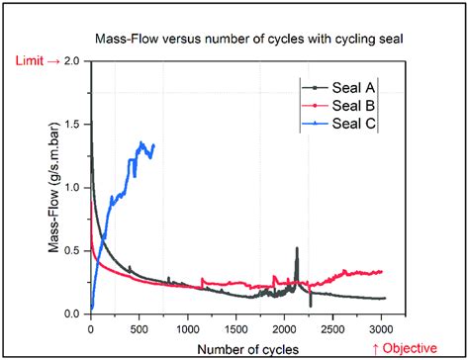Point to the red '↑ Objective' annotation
pyautogui.click(x=410, y=347)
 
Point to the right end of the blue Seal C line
pyautogui.click(x=154, y=145)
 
